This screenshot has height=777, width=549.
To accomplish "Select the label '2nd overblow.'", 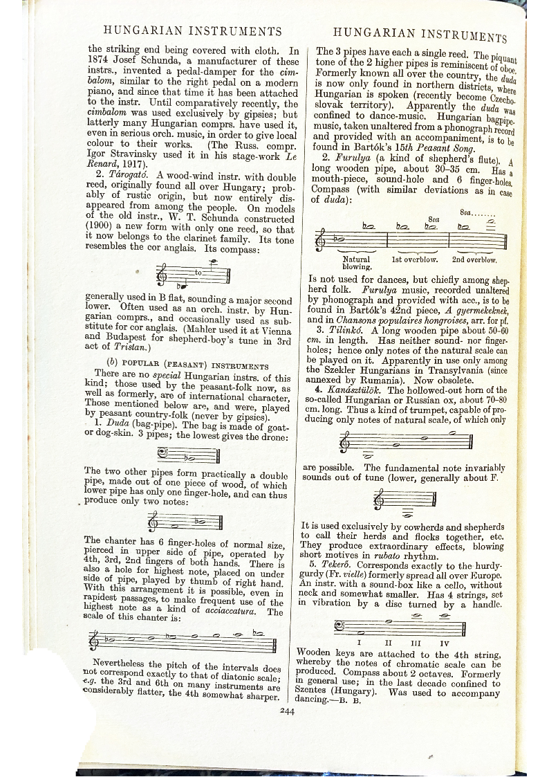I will (x=474, y=259).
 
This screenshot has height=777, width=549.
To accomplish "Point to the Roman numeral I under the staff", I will (x=358, y=642).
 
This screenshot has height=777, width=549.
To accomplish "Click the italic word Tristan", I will (x=127, y=347).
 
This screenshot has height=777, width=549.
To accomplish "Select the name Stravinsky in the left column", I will (x=138, y=155).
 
